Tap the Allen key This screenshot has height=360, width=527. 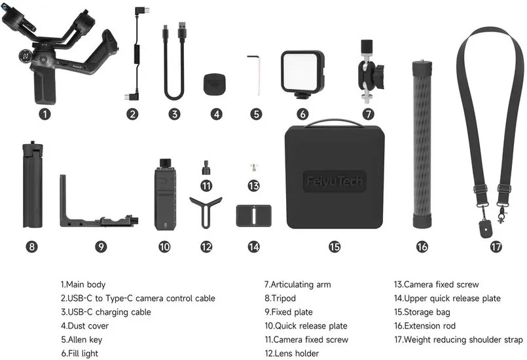pos(256,75)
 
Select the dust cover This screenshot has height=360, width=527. pos(215,84)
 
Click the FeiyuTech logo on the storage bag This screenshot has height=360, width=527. pos(335,181)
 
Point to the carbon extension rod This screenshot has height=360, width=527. pos(422,144)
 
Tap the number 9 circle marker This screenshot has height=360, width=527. pos(101,247)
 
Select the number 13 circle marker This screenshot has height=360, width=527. pos(254,185)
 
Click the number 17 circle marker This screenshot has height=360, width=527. pos(496,247)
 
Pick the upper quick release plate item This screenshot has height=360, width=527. pos(254,215)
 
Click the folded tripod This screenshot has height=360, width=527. pos(33,185)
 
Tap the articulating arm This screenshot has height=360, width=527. pos(370,71)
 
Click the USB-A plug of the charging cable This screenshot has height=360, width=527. pos(182,32)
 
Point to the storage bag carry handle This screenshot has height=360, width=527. pos(334,123)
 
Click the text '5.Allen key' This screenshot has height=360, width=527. pos(82,340)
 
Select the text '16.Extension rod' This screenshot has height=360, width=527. pos(425,326)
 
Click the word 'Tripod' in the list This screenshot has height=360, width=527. pos(283,298)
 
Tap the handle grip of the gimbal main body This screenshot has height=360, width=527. pos(45,85)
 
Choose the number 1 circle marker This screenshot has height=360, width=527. pos(45,115)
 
